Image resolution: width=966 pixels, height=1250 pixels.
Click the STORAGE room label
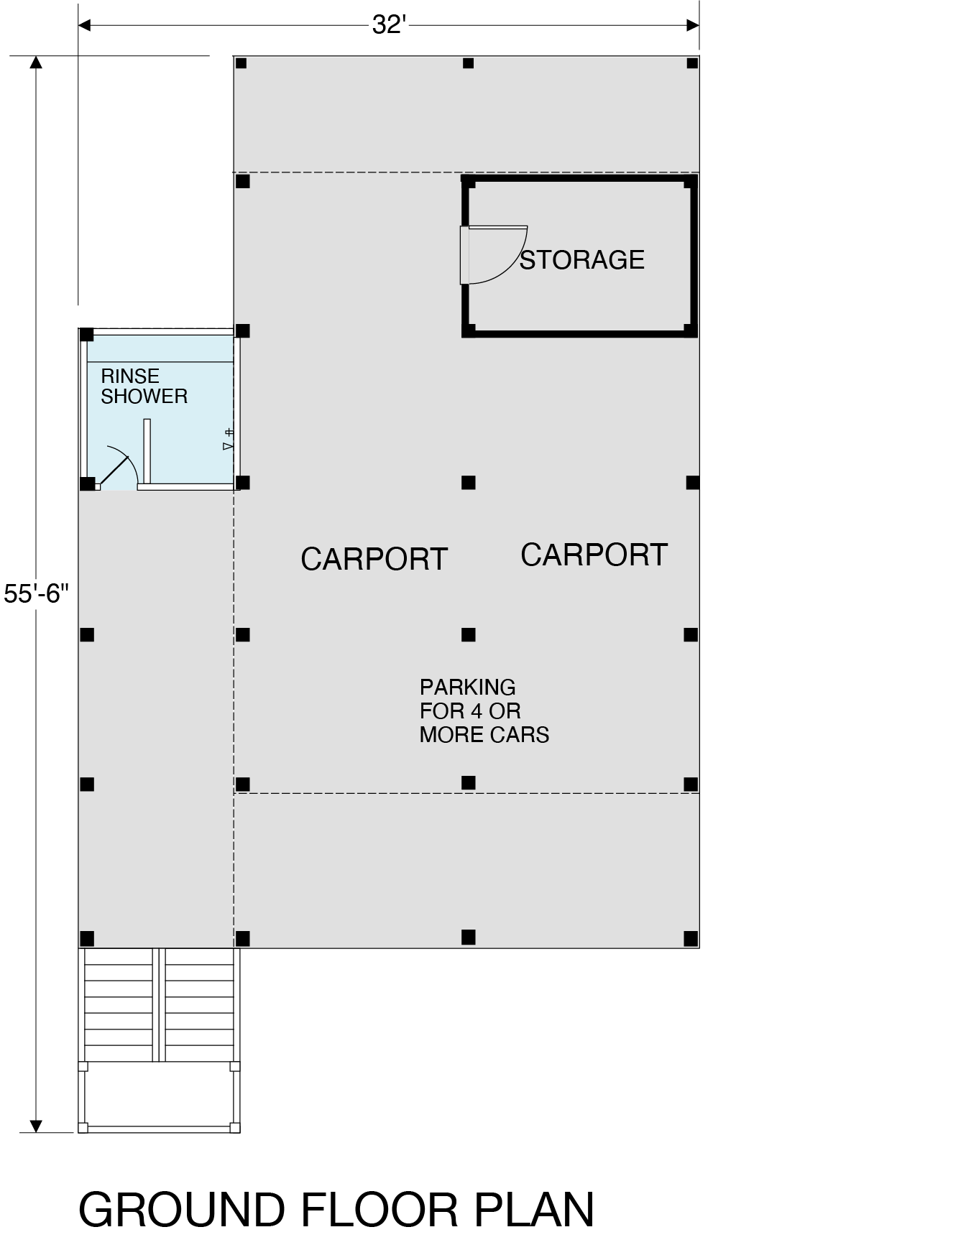(582, 259)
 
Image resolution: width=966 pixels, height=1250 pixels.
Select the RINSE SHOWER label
(144, 386)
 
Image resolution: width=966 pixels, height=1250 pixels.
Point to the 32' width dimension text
(389, 25)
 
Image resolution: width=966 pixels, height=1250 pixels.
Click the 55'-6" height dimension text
(36, 593)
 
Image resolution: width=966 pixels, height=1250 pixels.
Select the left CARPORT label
(374, 559)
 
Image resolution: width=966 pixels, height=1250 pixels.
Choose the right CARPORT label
(594, 555)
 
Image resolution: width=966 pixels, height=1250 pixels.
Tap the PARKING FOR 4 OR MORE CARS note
(484, 710)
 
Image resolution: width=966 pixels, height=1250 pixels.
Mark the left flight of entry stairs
(119, 1004)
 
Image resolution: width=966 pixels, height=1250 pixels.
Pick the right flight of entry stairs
(200, 1004)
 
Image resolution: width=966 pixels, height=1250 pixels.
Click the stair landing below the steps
(159, 1097)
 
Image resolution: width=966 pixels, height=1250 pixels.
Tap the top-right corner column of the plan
(692, 63)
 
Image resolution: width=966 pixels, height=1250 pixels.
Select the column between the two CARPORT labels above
(469, 482)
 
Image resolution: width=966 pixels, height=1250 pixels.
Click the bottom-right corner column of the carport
(691, 937)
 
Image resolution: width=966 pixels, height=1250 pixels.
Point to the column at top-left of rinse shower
(86, 335)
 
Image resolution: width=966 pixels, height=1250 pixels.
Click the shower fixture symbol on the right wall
(229, 439)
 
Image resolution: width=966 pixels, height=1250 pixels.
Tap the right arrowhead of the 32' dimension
(694, 26)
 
